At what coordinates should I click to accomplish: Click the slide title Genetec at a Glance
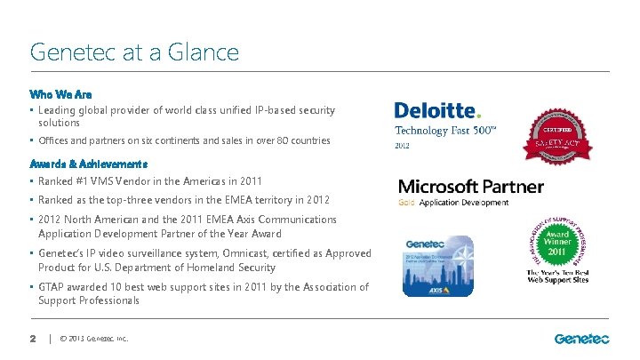[134, 52]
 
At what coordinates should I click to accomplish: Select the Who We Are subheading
[60, 93]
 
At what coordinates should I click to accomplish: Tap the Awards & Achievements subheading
[88, 164]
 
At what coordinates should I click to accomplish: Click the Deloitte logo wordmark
[436, 110]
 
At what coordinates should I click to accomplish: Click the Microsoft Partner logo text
[470, 187]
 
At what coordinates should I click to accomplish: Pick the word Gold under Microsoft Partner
[406, 203]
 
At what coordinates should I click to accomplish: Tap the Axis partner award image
[439, 266]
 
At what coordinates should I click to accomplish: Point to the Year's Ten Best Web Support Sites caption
[557, 276]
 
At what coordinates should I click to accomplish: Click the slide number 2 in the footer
[32, 338]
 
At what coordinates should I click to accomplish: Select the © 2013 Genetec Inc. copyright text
[93, 339]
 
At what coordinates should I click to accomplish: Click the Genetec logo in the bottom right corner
[581, 338]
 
